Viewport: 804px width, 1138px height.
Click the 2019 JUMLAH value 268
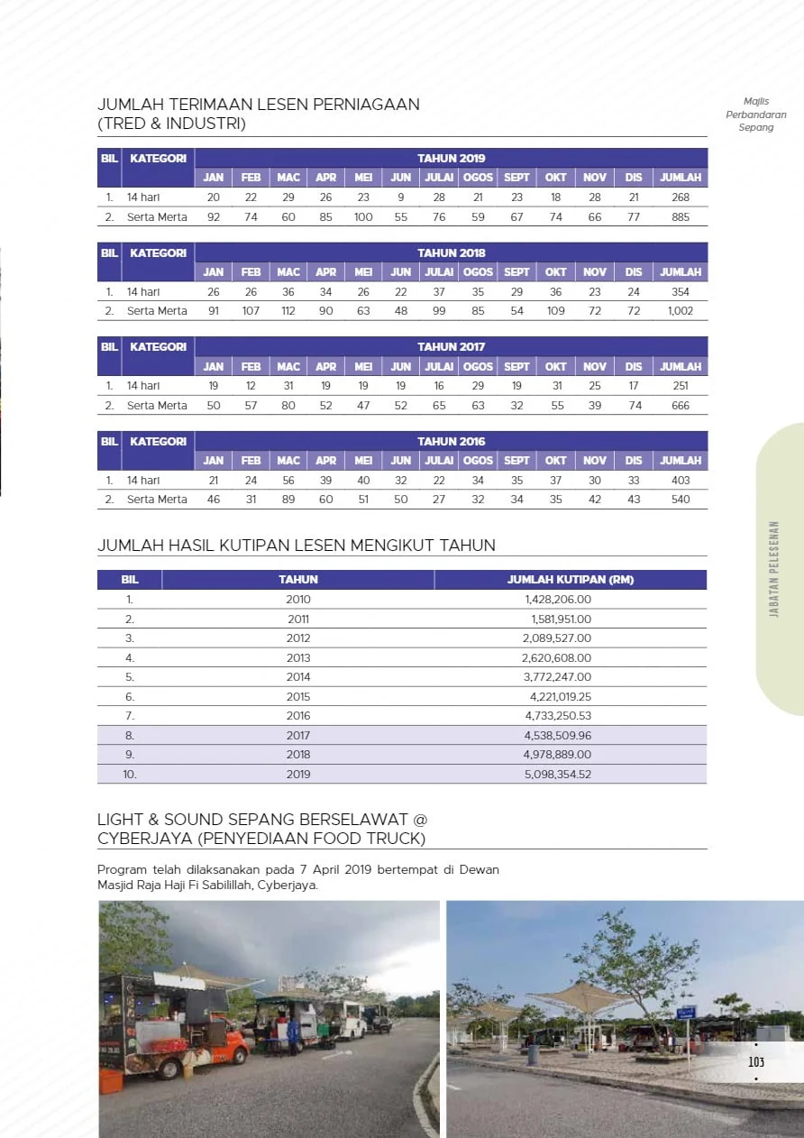(681, 197)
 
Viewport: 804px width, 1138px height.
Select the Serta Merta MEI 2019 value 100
(363, 217)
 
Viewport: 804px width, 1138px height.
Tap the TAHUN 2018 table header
(451, 252)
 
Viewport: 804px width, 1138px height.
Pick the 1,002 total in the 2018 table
(681, 311)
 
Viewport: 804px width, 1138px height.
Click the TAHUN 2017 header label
(451, 347)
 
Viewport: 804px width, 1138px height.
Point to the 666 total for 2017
(681, 406)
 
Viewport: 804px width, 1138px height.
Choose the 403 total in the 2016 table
(681, 481)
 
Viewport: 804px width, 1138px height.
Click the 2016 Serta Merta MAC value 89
(288, 500)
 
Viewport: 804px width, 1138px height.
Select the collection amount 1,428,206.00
(558, 600)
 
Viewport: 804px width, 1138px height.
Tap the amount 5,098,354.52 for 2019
(558, 775)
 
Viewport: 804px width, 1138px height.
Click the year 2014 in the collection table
(298, 677)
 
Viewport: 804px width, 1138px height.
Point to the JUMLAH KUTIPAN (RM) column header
(571, 580)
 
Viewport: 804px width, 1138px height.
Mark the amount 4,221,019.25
(560, 697)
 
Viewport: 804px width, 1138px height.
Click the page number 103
(756, 1061)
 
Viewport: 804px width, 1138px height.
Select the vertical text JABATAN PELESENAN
(774, 570)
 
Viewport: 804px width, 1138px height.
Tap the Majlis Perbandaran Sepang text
(756, 115)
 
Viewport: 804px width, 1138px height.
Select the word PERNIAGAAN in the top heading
(365, 105)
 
